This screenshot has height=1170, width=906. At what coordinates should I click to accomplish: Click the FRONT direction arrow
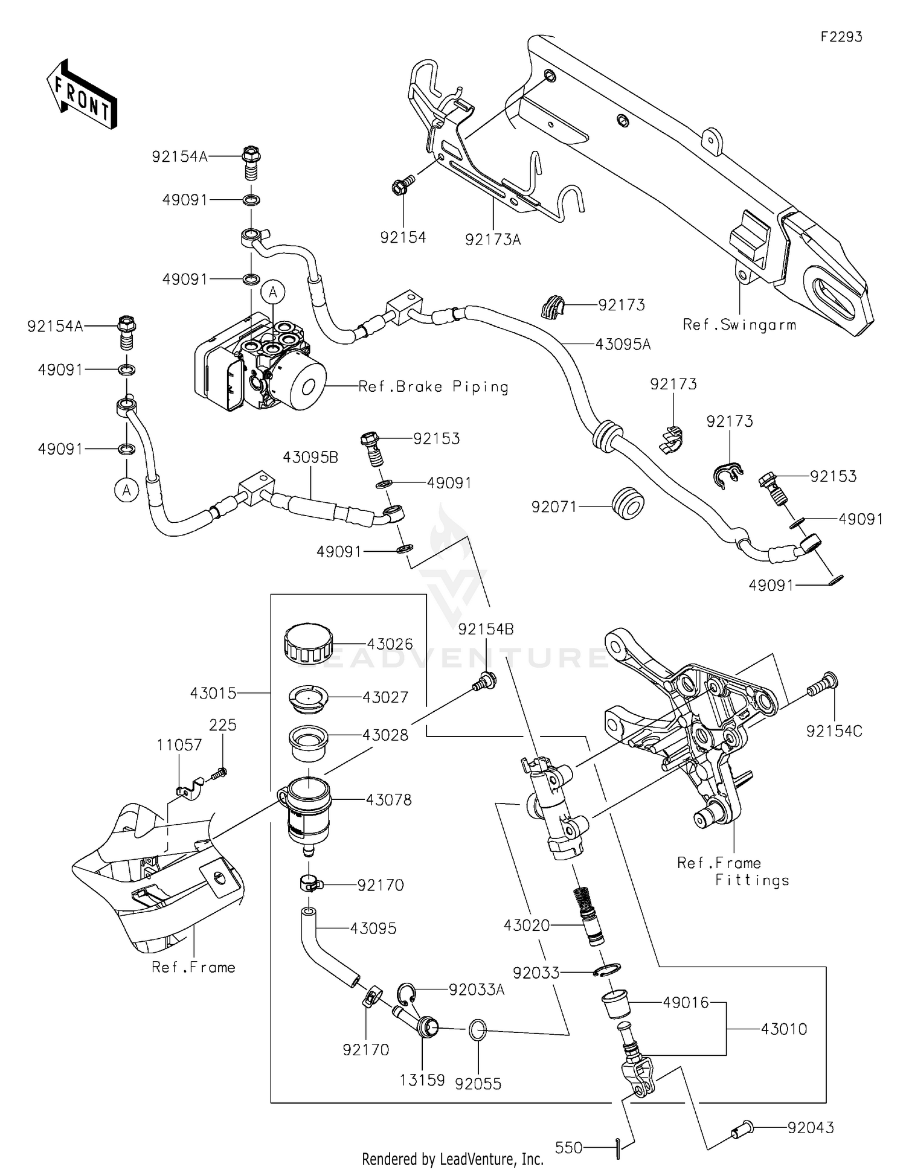[82, 95]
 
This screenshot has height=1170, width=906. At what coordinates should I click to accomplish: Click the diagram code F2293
[841, 37]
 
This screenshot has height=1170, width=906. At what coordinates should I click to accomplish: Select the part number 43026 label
[390, 644]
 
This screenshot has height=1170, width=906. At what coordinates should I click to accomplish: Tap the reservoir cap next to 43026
[308, 644]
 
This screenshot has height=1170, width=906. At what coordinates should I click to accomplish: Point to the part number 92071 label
[554, 507]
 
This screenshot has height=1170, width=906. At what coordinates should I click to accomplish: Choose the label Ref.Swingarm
[739, 325]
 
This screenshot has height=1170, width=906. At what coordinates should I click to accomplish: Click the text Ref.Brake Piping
[433, 387]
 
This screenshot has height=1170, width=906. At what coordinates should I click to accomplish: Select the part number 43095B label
[310, 458]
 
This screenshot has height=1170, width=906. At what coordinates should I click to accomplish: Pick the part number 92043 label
[811, 1128]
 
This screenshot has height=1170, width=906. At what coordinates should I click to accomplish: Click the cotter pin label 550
[568, 1148]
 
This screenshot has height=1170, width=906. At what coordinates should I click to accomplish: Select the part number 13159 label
[422, 1080]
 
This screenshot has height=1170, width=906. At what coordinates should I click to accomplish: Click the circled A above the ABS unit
[273, 293]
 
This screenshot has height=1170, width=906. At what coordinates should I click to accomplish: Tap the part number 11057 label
[179, 745]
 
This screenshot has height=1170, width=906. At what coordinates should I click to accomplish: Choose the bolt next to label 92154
[402, 186]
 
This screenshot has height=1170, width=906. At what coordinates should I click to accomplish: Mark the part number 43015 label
[213, 693]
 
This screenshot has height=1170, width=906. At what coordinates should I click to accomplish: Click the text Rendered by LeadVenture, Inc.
[452, 1159]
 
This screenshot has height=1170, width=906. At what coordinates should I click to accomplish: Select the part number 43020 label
[527, 925]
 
